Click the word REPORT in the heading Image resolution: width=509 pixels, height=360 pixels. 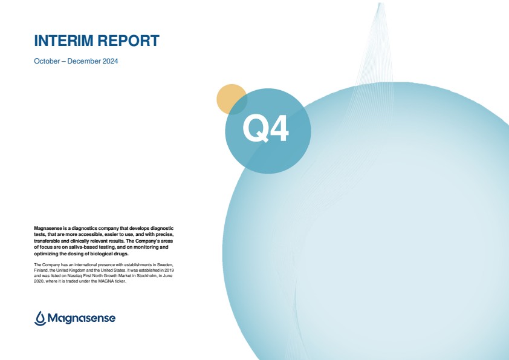point(128,41)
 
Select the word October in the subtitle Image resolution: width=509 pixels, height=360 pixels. point(47,61)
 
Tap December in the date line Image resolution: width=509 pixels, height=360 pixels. point(84,61)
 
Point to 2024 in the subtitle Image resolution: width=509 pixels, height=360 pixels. point(111,61)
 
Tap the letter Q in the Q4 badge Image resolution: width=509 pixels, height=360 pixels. point(256,128)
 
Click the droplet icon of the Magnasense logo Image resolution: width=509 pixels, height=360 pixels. point(40,318)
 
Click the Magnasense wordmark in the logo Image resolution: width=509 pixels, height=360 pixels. point(82,318)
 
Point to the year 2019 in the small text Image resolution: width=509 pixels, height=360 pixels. point(169,270)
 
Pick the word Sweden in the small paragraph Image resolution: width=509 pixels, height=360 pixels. point(165,265)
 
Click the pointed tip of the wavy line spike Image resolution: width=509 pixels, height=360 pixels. point(381,3)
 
